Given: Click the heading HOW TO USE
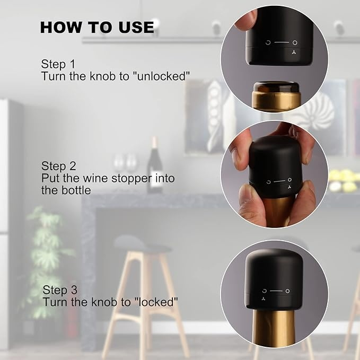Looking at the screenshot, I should point(97,27).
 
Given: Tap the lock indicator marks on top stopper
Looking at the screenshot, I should point(281,43).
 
